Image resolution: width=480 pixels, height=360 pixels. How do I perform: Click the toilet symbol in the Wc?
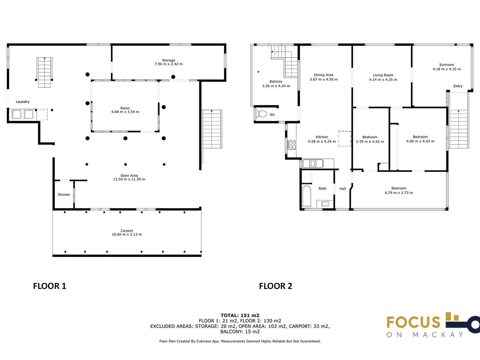261,114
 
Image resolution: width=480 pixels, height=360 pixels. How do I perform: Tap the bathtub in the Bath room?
306,196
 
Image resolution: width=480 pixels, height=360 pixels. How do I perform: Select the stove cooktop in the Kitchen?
292,145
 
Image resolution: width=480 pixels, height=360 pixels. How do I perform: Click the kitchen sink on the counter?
313,164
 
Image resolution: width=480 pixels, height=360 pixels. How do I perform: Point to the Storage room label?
168,60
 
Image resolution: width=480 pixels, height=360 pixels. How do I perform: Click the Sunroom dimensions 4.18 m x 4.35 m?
446,69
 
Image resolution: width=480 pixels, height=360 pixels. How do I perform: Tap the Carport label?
127,231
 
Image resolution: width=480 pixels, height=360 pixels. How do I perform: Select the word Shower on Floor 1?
64,194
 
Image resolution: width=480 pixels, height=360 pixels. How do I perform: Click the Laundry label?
22,102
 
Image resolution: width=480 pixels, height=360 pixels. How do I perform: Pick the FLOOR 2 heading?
276,286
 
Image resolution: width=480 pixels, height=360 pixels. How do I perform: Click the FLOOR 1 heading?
50,286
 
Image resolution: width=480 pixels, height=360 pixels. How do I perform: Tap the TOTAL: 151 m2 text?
240,316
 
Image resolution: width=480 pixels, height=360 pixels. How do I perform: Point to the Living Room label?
383,75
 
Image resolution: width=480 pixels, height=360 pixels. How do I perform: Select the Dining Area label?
324,75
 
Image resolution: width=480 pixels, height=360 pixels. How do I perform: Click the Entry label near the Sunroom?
458,86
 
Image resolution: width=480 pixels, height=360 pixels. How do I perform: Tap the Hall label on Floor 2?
342,189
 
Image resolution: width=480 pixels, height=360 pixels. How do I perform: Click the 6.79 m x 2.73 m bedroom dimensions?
399,193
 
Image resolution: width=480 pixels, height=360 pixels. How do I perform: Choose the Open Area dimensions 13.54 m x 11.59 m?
129,179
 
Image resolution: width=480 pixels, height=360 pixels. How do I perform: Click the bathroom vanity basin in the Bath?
325,204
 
